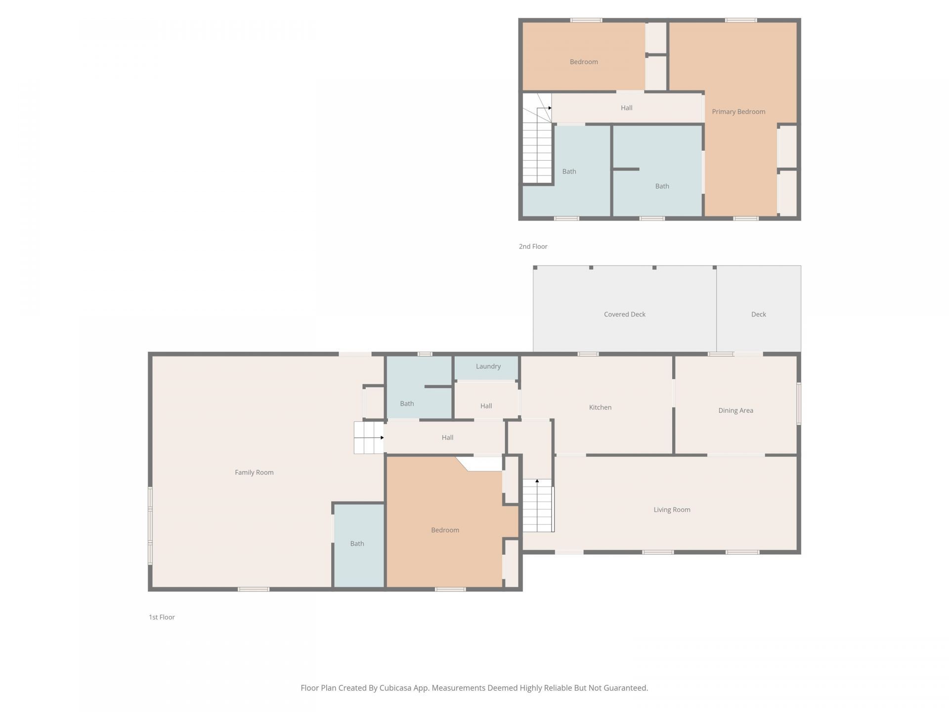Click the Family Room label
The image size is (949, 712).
coord(254,472)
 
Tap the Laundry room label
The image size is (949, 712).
coord(488,366)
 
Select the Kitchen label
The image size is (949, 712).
coord(600,407)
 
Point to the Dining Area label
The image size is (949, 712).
coord(735,410)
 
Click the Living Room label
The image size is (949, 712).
coord(672,510)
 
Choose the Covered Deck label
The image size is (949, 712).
coord(625,314)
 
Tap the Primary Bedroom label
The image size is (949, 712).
coord(738,112)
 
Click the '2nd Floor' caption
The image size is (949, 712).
coord(533,246)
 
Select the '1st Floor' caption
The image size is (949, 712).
coord(162,617)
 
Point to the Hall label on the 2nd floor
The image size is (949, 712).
coord(626,108)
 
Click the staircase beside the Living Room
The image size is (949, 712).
coord(538,505)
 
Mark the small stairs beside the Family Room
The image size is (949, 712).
coord(369,438)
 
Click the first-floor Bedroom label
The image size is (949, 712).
coord(445,530)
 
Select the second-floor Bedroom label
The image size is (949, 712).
coord(584,62)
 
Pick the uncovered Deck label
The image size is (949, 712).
coord(758,314)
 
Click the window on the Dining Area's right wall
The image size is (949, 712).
coord(798,403)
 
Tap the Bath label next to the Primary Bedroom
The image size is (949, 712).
coord(662,186)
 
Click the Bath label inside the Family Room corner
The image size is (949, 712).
coord(357,544)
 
